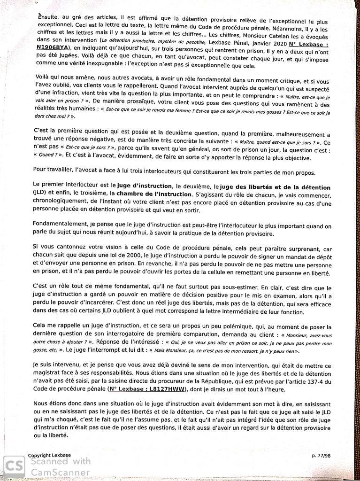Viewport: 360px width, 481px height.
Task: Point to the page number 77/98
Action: (321, 456)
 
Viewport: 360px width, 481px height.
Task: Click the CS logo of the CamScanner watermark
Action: (14, 467)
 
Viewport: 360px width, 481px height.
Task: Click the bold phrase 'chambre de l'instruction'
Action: (153, 194)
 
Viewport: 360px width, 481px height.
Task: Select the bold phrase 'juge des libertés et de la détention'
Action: (276, 187)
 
